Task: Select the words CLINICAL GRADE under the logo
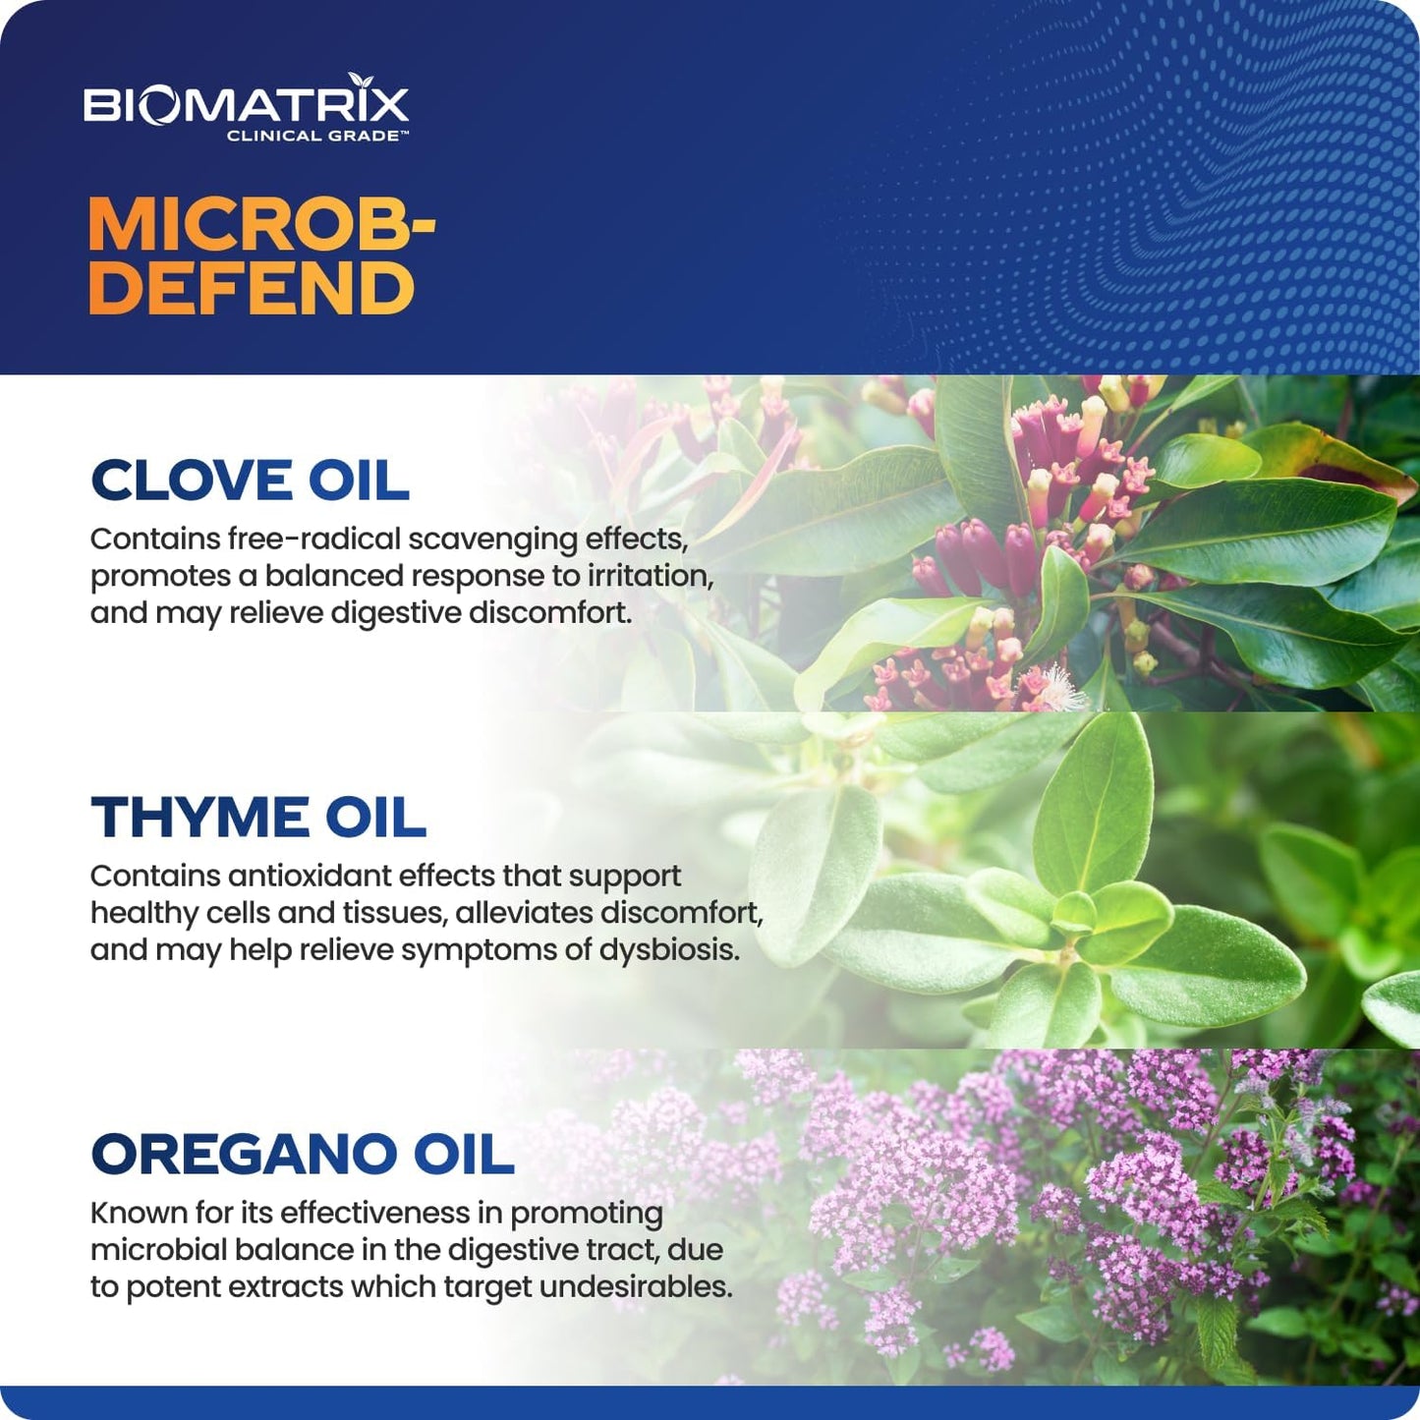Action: (316, 136)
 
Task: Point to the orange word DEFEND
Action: (252, 288)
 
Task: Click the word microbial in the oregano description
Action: (151, 1250)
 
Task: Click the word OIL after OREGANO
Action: (463, 1155)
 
